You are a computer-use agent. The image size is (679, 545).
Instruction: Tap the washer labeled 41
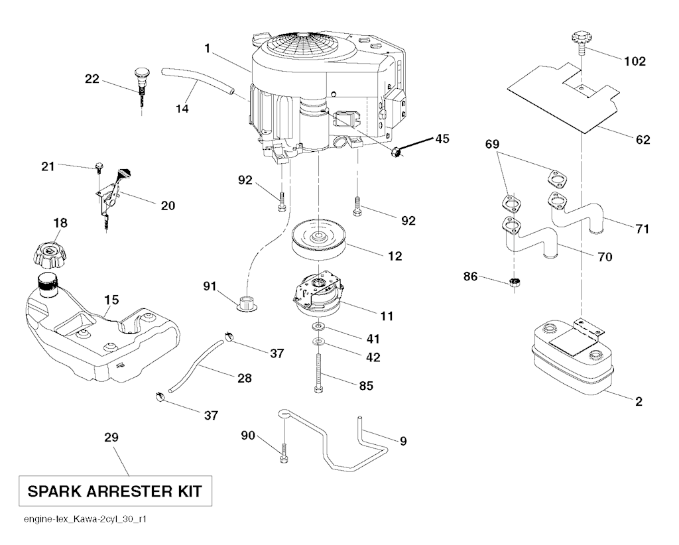[318, 328]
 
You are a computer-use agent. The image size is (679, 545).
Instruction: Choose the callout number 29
[111, 438]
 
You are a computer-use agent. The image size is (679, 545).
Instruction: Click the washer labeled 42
[318, 342]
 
